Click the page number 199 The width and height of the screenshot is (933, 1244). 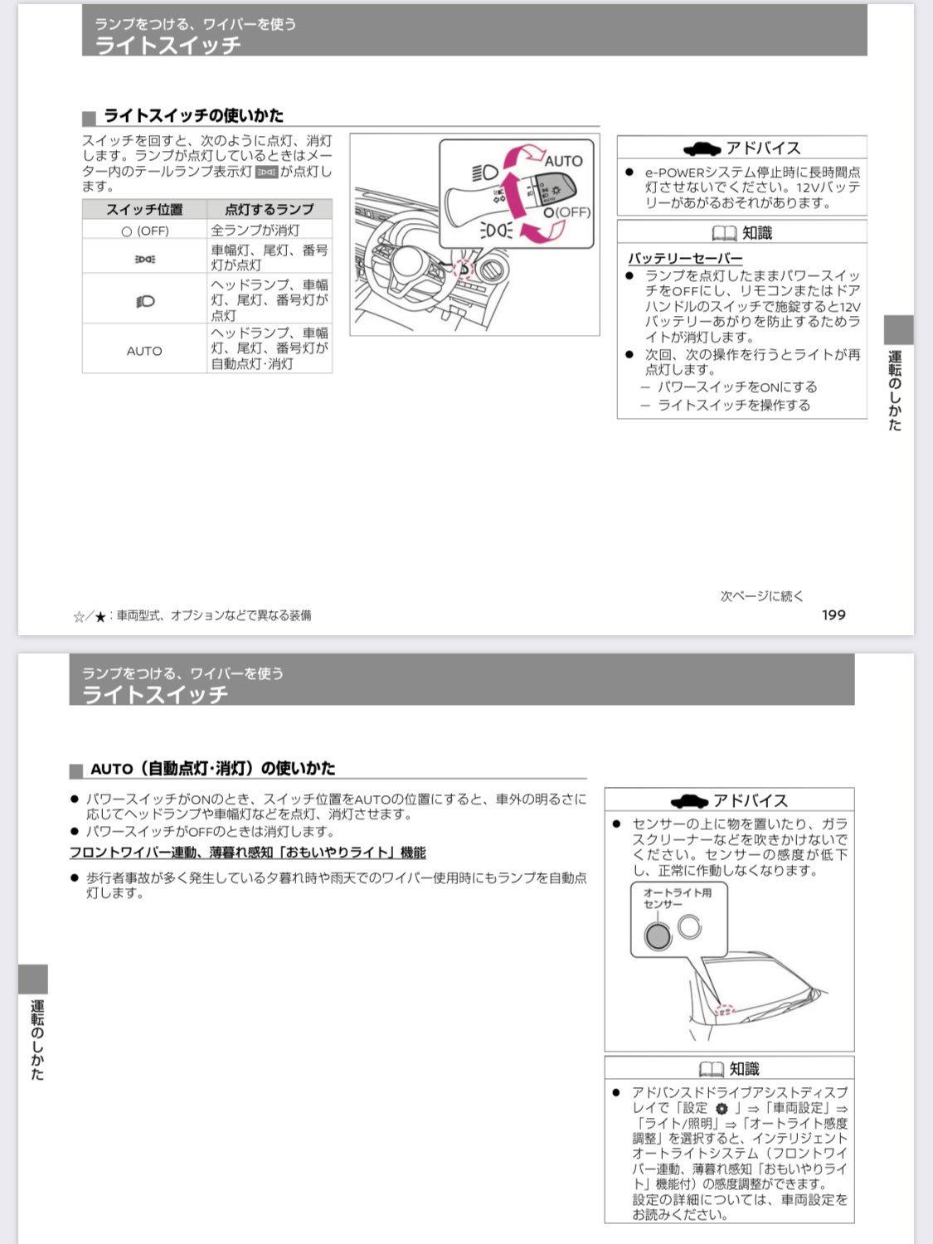click(x=833, y=615)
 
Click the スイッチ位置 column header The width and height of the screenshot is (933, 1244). click(x=144, y=209)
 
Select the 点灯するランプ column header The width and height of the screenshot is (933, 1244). click(x=269, y=209)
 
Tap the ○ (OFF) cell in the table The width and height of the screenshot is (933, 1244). click(x=144, y=231)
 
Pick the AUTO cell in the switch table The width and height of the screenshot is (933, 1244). click(x=144, y=351)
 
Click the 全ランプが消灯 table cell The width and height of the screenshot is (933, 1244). click(x=255, y=231)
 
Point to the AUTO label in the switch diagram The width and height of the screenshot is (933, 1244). click(x=563, y=161)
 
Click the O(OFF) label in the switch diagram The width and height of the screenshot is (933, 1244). click(x=567, y=212)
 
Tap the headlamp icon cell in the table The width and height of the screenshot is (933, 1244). click(x=145, y=301)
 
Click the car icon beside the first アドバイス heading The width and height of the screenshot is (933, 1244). click(x=702, y=149)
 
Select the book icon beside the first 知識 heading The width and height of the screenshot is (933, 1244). click(x=724, y=234)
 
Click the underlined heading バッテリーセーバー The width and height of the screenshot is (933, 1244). click(x=685, y=258)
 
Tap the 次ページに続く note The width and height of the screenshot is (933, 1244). click(x=761, y=595)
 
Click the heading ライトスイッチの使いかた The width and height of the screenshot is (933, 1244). click(x=193, y=115)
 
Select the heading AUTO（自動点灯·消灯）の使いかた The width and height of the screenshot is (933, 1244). click(x=213, y=769)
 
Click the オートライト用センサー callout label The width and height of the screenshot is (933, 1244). click(x=677, y=898)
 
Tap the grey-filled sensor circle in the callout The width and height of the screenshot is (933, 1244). click(x=657, y=936)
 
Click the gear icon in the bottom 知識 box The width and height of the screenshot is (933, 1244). click(x=722, y=1109)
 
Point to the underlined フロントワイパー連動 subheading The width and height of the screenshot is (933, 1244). click(x=248, y=853)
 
